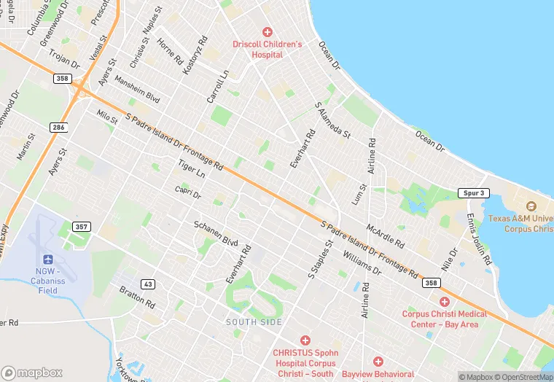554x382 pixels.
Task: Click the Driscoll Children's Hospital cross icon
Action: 267,32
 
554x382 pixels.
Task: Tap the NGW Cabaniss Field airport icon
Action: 49,260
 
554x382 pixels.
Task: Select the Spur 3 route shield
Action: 472,193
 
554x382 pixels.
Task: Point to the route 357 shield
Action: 81,227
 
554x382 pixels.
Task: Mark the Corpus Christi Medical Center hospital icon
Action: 444,301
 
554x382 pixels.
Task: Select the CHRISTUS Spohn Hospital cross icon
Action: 305,340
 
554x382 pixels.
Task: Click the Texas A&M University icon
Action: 530,206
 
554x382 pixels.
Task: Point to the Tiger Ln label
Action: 192,173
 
